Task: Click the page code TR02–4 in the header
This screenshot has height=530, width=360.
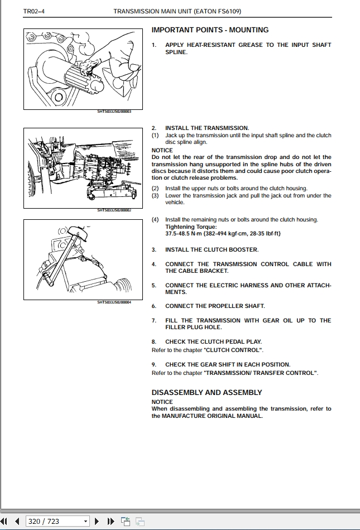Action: (x=33, y=11)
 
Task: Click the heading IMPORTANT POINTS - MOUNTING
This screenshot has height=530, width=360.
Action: (x=210, y=30)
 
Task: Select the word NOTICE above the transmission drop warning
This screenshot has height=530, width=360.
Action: (x=162, y=150)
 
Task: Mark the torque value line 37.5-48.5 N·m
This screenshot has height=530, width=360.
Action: (x=223, y=234)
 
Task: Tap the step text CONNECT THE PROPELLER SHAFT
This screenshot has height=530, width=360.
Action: (x=215, y=306)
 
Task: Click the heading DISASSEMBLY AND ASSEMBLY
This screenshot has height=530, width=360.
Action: (x=207, y=393)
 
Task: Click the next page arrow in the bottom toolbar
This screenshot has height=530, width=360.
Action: (x=97, y=521)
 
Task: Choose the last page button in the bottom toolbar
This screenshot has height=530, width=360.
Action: (x=111, y=521)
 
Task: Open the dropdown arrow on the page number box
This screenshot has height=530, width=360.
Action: (x=85, y=521)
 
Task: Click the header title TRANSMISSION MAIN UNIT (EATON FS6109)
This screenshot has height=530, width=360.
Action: (x=177, y=11)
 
